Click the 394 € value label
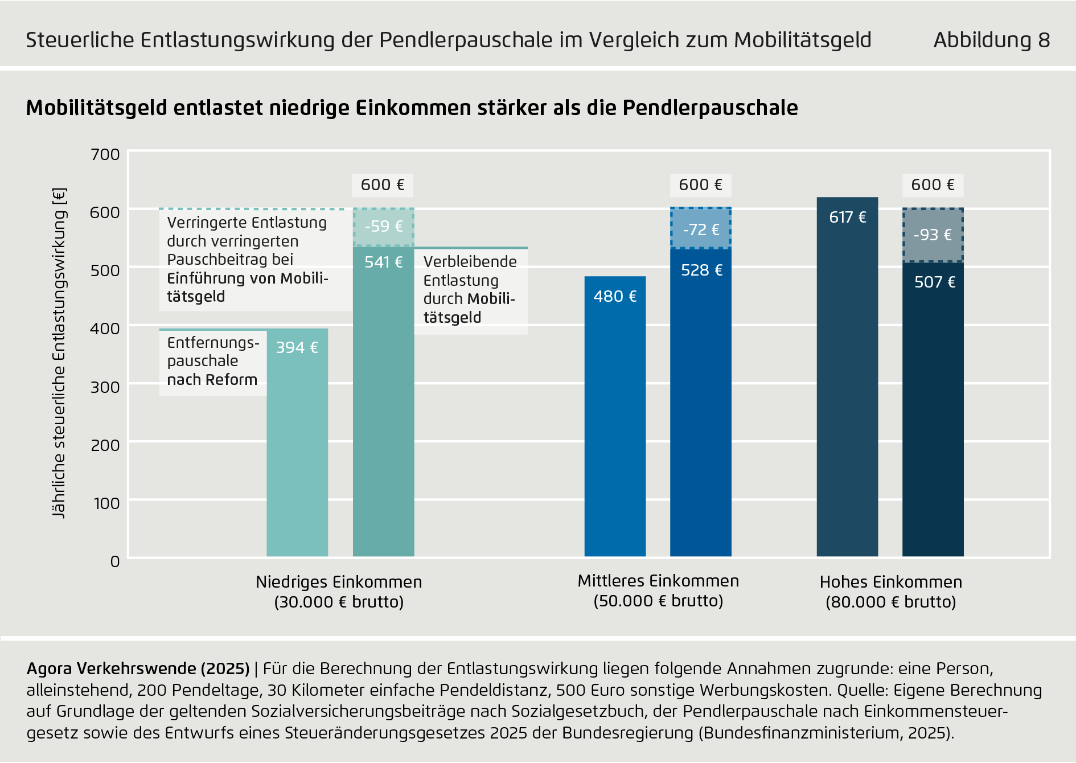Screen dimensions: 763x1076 point(297,347)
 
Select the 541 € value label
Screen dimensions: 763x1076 point(383,262)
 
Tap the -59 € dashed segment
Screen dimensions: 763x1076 point(383,227)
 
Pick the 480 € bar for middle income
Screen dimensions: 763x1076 point(615,416)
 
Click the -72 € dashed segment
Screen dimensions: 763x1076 point(701,229)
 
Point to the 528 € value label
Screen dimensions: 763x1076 point(701,270)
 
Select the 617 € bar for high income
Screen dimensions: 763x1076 point(847,376)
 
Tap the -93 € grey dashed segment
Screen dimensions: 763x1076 point(933,235)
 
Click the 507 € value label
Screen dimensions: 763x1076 point(934,282)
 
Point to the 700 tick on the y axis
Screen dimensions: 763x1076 point(105,154)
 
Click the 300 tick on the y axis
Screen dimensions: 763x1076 point(105,387)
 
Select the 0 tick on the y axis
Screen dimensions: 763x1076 point(115,562)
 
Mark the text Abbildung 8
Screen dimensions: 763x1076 point(991,40)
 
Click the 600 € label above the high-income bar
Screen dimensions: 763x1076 point(933,185)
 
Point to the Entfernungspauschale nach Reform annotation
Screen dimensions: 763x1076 point(212,361)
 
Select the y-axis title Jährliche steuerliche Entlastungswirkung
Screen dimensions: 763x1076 point(59,353)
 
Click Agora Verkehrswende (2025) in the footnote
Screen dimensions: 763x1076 point(138,668)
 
